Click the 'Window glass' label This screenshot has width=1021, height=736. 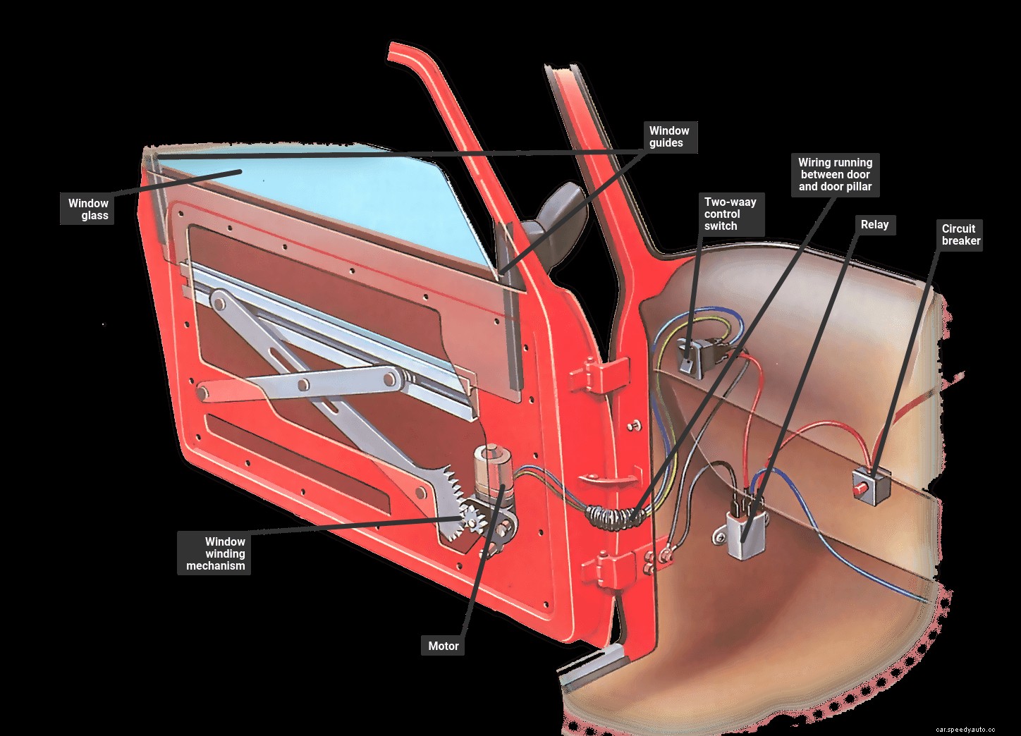(88, 209)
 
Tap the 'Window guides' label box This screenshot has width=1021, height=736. (668, 137)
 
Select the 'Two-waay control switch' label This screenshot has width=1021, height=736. (730, 214)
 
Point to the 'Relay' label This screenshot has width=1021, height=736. (874, 225)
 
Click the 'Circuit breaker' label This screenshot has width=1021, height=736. (960, 235)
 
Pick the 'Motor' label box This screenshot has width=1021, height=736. (443, 646)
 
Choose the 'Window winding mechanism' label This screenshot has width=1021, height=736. (215, 553)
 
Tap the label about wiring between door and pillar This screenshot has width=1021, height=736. (835, 175)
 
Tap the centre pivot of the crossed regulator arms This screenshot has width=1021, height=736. (304, 385)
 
